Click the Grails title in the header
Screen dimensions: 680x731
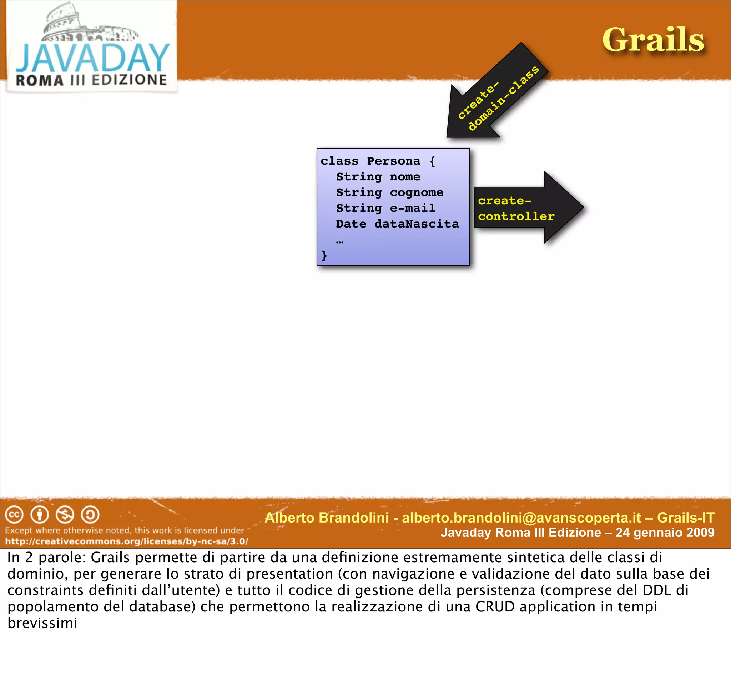[x=653, y=40]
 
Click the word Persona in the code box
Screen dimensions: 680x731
[x=393, y=161]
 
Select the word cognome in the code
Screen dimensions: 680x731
[x=417, y=192]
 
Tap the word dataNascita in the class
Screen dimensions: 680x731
[x=417, y=224]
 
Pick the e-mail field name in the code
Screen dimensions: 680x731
[x=413, y=208]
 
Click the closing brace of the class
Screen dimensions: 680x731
[x=324, y=255]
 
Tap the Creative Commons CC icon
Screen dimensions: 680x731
[x=14, y=515]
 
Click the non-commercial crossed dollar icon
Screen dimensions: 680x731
[x=65, y=515]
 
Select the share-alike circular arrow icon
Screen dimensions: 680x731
[x=90, y=515]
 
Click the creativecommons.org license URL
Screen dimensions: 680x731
[x=126, y=541]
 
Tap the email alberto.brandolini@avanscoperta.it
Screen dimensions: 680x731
[x=521, y=518]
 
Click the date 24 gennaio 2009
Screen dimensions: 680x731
[x=665, y=532]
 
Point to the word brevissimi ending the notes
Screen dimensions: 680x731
[x=42, y=623]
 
